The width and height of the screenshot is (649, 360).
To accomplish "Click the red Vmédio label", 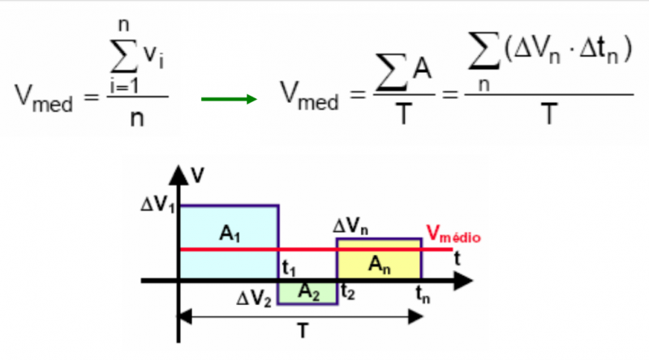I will point(453,237).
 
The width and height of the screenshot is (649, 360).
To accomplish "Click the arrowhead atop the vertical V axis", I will point(178,173).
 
